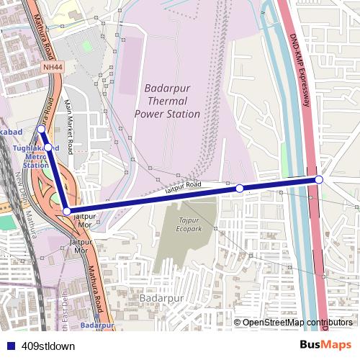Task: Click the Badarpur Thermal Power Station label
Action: tap(168, 101)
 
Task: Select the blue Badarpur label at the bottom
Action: tap(97, 325)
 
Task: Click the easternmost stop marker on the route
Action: tap(319, 179)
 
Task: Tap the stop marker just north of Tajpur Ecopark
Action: tap(240, 188)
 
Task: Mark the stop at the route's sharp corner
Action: tap(67, 211)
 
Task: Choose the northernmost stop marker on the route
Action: tap(40, 130)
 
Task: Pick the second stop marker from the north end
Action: tap(48, 147)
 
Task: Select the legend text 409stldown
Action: tap(48, 346)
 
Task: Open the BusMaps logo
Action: tap(325, 345)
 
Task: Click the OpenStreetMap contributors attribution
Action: tap(297, 323)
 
